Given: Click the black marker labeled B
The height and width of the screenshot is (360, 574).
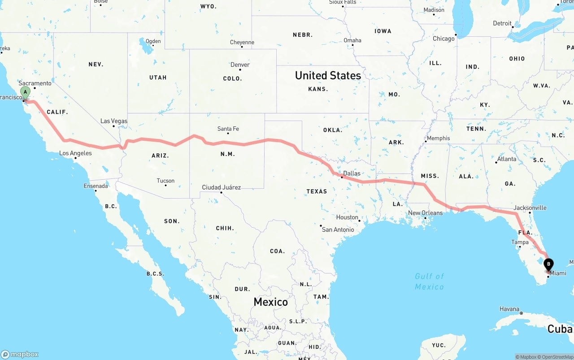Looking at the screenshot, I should [548, 265].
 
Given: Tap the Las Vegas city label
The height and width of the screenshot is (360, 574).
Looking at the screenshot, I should [114, 121].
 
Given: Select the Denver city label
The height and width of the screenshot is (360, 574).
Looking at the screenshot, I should [240, 65].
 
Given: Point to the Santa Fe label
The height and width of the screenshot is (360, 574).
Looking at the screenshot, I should [228, 129].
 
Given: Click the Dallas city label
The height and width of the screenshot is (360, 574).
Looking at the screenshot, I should [352, 173].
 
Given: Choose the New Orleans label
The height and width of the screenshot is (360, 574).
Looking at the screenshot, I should [425, 213].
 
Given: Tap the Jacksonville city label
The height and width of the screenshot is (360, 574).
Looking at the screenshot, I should [530, 208].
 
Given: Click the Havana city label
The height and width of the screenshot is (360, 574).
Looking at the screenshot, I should [509, 309].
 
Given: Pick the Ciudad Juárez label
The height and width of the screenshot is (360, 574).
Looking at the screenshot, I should [221, 187].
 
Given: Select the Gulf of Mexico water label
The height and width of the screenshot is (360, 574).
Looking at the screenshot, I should [429, 282].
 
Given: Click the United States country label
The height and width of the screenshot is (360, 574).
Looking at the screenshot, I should [328, 76].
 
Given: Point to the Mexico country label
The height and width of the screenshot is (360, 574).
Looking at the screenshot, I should [270, 302].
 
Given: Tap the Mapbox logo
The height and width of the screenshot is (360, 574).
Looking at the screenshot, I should [20, 354].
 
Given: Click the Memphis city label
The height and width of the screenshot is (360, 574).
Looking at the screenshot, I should [438, 138].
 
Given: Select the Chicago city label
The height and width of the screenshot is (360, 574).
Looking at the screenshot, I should [444, 39].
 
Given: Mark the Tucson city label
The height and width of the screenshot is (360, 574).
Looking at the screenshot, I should [165, 181].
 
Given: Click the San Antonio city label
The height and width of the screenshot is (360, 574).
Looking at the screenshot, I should [338, 230].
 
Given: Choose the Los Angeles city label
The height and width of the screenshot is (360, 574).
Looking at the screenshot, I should [75, 153].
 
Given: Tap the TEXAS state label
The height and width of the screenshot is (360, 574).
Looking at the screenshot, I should [317, 191].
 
